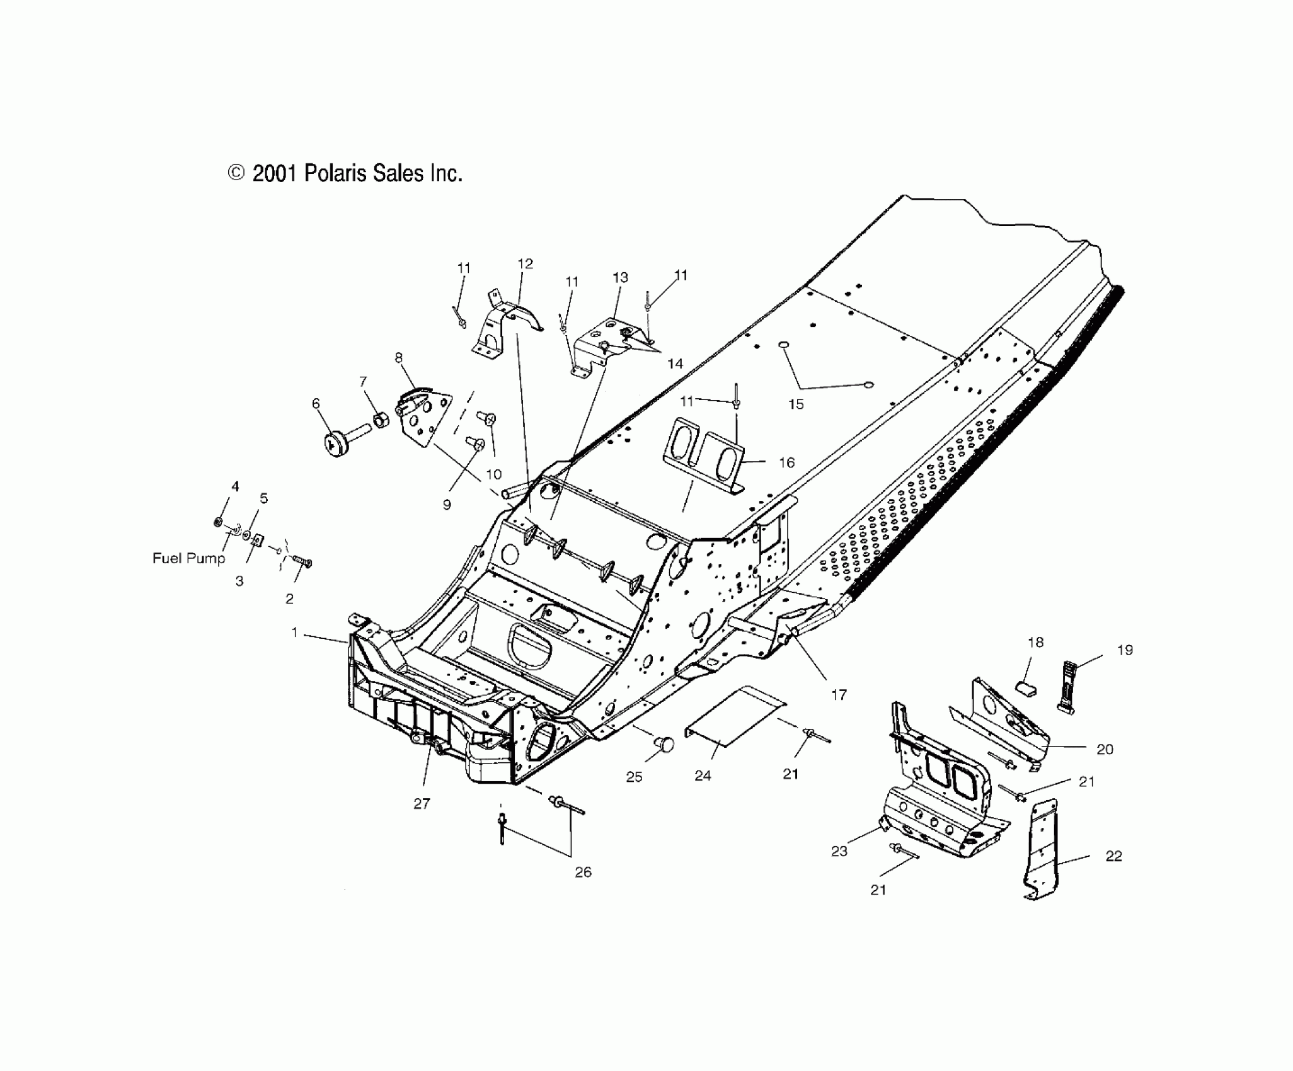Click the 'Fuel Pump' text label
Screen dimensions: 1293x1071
click(188, 558)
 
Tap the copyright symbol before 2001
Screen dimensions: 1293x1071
click(236, 173)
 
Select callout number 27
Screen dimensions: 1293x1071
click(422, 803)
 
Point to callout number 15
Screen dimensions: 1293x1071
click(796, 404)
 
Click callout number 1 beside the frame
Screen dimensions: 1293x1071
click(294, 632)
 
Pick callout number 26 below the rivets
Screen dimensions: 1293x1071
click(583, 873)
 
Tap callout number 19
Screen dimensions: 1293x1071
click(1125, 650)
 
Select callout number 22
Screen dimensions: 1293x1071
click(1113, 856)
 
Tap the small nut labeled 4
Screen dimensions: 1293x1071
click(217, 522)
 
